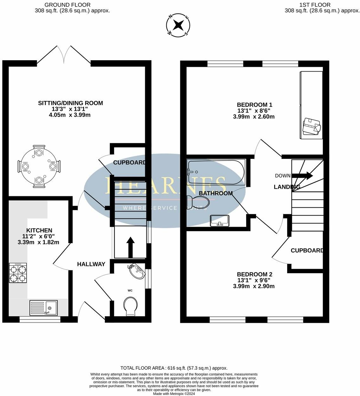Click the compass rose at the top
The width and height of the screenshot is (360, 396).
coord(179,25)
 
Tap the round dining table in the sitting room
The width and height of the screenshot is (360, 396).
coord(39,167)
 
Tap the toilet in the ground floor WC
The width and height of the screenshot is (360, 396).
coord(130,306)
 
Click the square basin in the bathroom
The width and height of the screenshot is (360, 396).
coord(220,220)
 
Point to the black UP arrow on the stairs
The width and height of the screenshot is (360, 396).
coord(130,247)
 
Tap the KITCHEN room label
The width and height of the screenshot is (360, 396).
coord(39,230)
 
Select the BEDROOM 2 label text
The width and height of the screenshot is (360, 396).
coord(254,274)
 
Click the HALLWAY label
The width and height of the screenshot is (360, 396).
coord(91,264)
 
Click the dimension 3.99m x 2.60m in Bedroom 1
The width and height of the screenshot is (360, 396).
coord(254,116)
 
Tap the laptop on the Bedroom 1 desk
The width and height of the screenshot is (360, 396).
coord(312,126)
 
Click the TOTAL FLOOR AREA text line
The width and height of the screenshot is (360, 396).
coord(174,368)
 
